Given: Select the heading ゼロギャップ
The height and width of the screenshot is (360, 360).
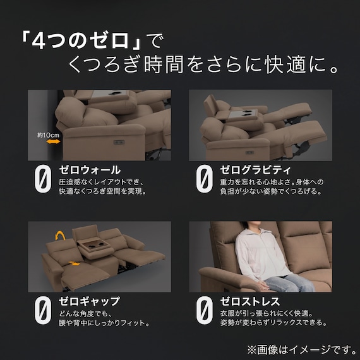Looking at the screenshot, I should pos(89,301).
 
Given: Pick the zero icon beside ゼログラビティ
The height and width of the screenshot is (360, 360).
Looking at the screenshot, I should pos(204,179).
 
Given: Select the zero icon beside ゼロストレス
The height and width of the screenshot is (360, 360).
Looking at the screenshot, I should pos(204,311).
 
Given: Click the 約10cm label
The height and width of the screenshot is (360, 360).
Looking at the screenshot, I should pos(47,134).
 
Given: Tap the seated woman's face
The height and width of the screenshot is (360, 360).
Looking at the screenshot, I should pos(248,229).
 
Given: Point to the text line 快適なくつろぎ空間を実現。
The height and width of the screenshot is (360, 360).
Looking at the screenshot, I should pos(102,192).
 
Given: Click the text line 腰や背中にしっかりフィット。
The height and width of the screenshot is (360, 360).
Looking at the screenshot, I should pos(104,323).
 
